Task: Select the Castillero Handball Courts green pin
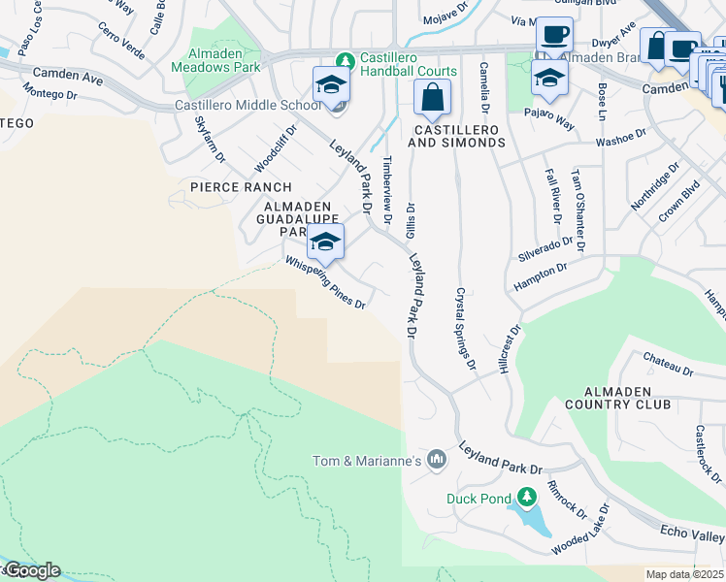coord(342,58)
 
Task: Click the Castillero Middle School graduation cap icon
coord(330,84)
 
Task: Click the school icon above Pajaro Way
coord(549,79)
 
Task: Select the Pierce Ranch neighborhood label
coord(241,187)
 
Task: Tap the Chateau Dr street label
coord(669,365)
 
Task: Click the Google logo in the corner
coord(31,570)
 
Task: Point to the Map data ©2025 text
coord(684,574)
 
